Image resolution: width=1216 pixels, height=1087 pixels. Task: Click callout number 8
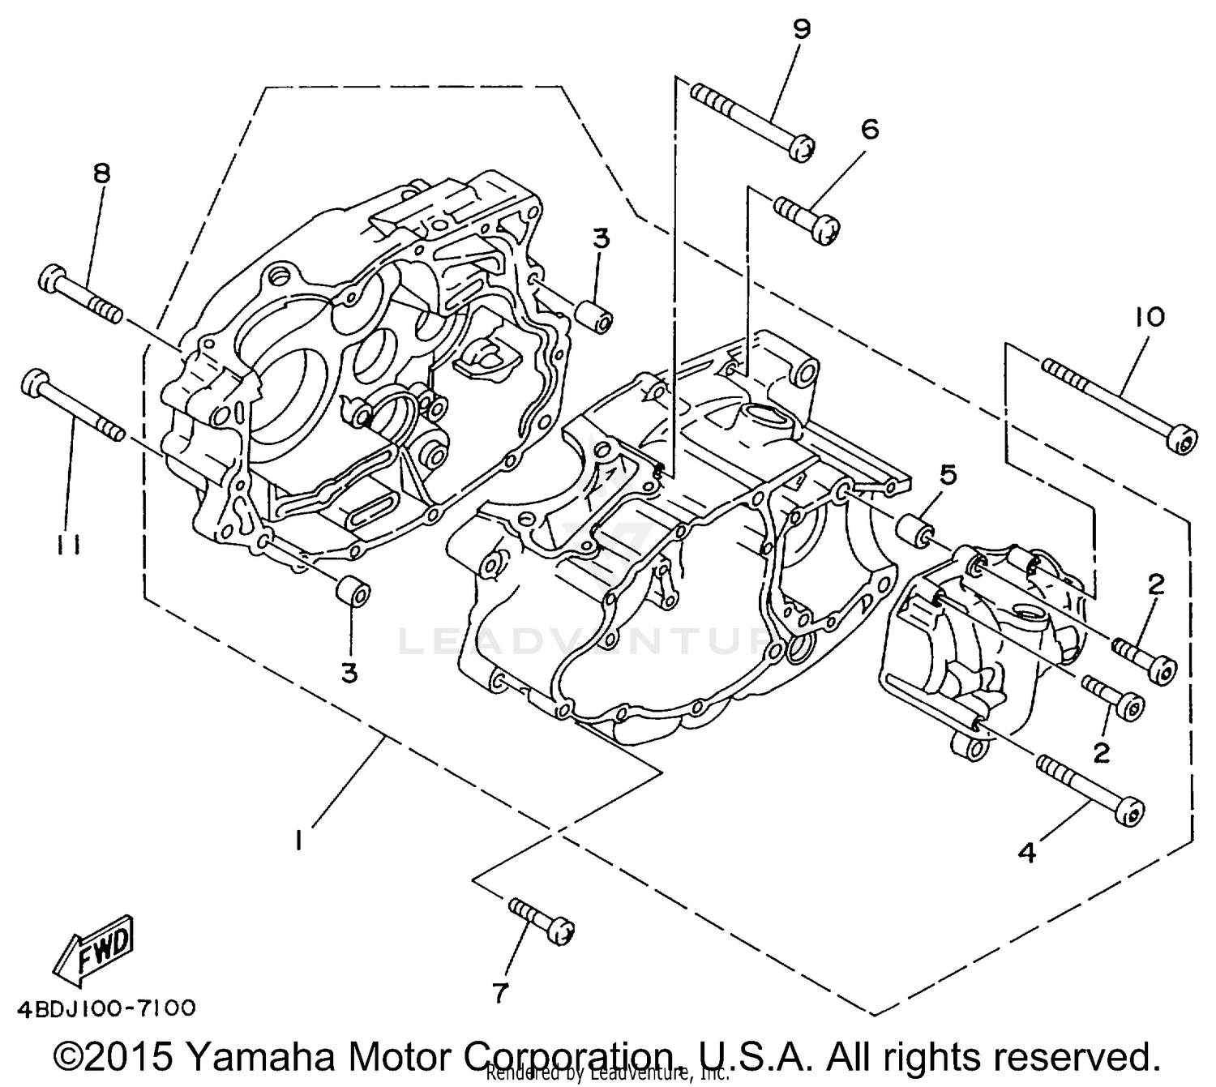(101, 174)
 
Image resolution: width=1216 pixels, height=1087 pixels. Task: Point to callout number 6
(869, 130)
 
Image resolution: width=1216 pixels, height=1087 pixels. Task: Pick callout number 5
(948, 474)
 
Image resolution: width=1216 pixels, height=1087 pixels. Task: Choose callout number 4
(1026, 853)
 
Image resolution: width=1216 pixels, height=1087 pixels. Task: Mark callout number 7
(500, 992)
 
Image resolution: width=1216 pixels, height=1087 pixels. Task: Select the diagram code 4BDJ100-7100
(106, 1008)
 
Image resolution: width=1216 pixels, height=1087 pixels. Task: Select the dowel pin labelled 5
(915, 530)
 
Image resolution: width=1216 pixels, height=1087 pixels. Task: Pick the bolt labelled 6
(807, 217)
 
